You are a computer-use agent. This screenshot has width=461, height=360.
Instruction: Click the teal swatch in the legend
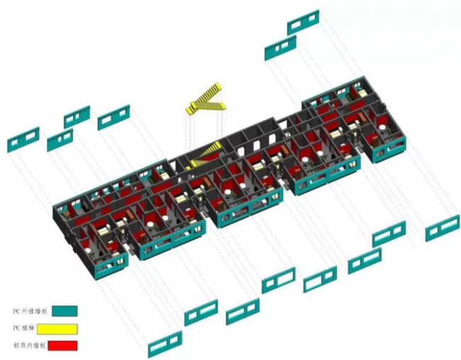tap(65, 310)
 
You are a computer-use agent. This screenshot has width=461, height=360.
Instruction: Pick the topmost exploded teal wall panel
tap(303, 22)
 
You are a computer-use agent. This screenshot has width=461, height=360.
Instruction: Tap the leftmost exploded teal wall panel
tap(23, 140)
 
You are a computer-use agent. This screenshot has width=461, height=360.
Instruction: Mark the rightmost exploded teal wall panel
tap(442, 228)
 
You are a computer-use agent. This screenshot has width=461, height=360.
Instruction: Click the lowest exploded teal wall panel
tap(165, 344)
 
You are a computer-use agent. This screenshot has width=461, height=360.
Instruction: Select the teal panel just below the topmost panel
tap(280, 47)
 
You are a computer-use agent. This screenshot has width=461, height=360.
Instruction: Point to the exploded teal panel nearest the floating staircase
tap(113, 118)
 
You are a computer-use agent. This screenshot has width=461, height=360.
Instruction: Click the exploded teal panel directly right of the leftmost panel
tap(60, 140)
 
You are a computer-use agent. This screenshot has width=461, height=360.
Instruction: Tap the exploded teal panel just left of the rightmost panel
tap(389, 234)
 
